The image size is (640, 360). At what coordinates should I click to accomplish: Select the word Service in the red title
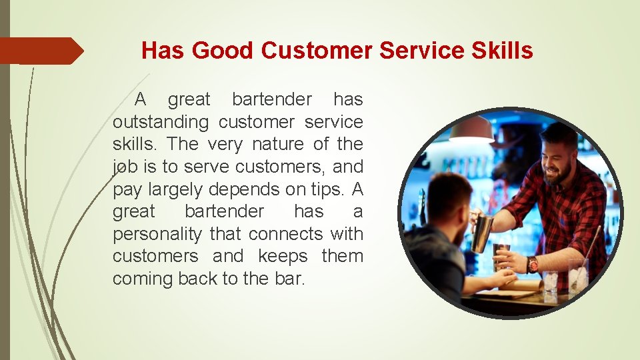(x=416, y=51)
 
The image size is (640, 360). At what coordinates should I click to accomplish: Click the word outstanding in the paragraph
(x=161, y=122)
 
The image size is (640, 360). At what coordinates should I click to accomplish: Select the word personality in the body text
(x=157, y=234)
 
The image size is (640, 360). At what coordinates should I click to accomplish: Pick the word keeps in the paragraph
(x=283, y=256)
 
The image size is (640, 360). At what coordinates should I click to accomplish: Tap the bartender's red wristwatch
(x=532, y=264)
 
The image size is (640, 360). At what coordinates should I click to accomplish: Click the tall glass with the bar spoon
(x=577, y=273)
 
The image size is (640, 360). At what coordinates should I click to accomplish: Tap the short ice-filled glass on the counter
(x=551, y=282)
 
